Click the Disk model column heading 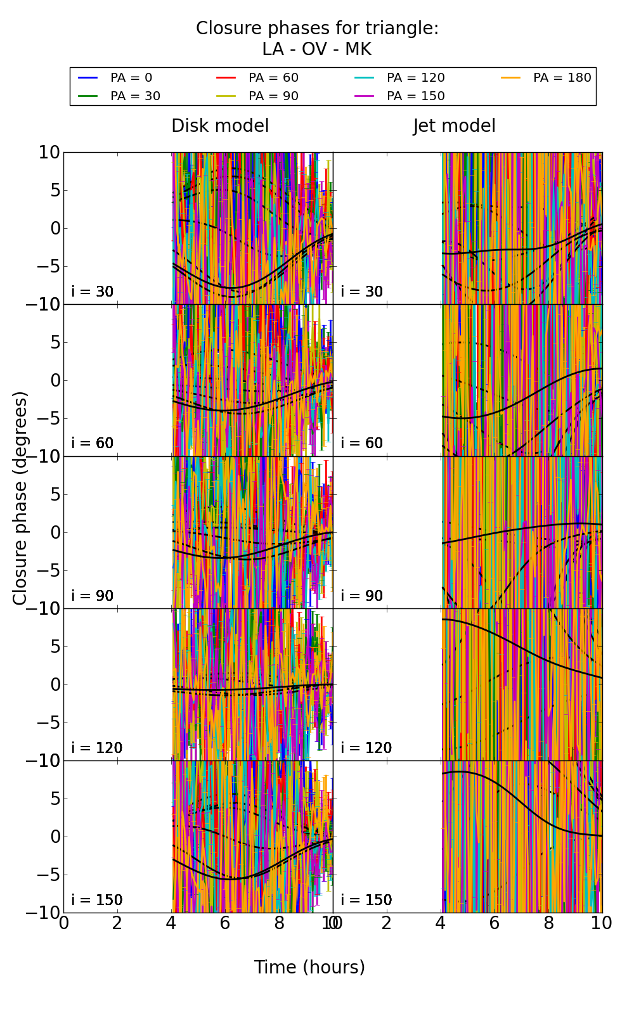(220, 125)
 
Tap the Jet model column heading (454, 125)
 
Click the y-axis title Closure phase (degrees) (20, 498)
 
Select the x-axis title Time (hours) (309, 967)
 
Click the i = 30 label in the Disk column (93, 292)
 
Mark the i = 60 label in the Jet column (362, 443)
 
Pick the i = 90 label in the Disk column (93, 596)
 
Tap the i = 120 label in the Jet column (366, 748)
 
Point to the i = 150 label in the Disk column (96, 900)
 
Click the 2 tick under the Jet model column (387, 923)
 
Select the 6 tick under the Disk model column (225, 923)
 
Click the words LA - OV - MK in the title (316, 49)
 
